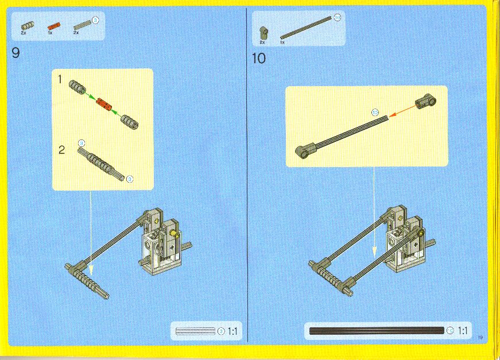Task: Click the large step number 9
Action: pos(15,53)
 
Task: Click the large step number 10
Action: pos(259,58)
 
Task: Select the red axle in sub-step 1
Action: pos(103,103)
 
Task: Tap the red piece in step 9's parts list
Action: pos(54,25)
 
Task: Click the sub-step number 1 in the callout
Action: pos(60,79)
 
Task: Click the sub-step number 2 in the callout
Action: pos(61,150)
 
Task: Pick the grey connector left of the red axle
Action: pos(76,87)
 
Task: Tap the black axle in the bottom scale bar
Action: pos(376,331)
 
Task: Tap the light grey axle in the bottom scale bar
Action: pos(195,331)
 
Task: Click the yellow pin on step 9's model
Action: pos(177,233)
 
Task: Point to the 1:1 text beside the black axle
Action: pos(463,331)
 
